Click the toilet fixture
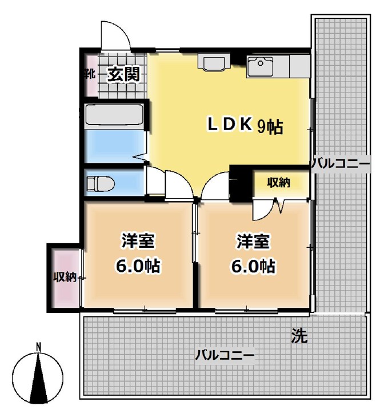tap(101, 183)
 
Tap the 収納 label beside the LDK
tap(279, 183)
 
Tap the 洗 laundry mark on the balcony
tap(298, 336)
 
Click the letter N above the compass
tap(38, 346)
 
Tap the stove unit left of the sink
tap(214, 62)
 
